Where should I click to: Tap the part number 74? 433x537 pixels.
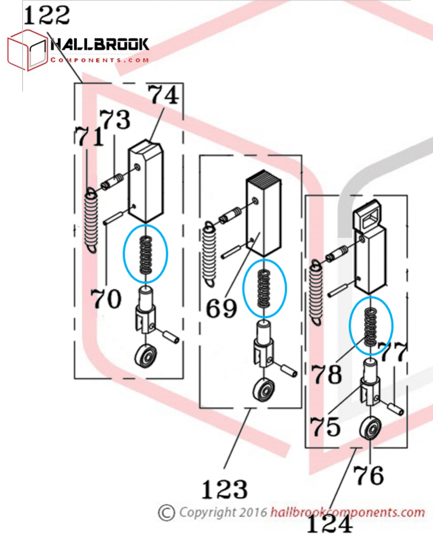click(163, 96)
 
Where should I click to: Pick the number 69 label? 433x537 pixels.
click(221, 309)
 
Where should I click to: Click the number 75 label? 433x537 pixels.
click(325, 426)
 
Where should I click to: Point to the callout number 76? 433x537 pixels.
click(369, 476)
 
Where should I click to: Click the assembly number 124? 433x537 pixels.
click(330, 525)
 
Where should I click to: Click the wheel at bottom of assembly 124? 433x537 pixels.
click(370, 431)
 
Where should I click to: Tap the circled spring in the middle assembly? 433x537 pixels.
click(263, 287)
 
